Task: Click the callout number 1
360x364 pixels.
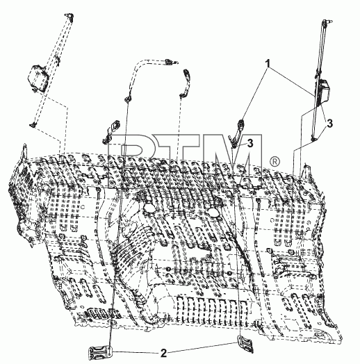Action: click(x=268, y=63)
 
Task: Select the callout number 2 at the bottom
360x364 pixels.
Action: click(x=163, y=354)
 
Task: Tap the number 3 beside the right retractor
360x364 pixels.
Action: click(x=330, y=123)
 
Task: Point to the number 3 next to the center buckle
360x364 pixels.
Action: click(x=250, y=143)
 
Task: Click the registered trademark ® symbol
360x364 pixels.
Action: click(x=275, y=162)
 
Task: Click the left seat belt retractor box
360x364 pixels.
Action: click(x=38, y=78)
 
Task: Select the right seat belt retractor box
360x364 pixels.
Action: click(x=324, y=91)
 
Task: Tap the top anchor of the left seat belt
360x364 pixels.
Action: click(x=69, y=15)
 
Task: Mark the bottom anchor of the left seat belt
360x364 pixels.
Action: click(x=33, y=124)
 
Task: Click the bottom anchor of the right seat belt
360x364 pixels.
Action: click(x=313, y=139)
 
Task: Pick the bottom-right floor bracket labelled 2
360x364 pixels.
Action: click(x=246, y=344)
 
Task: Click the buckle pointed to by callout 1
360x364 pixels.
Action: click(x=238, y=132)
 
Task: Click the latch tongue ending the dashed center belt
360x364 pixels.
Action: click(x=171, y=62)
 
